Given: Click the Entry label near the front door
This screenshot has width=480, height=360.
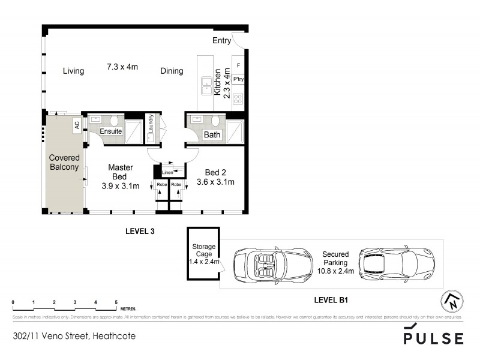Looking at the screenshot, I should [221, 41].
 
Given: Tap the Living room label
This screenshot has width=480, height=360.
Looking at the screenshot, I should [73, 71].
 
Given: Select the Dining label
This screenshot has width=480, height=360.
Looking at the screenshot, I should [172, 71].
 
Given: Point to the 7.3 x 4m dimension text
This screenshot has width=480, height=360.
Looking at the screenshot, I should [122, 66].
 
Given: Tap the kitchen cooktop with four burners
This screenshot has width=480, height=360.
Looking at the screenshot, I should [238, 98].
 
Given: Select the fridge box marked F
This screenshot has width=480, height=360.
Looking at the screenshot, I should [238, 65].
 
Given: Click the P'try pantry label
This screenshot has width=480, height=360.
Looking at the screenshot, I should [238, 79].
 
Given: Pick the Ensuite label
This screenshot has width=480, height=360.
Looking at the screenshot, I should [111, 131].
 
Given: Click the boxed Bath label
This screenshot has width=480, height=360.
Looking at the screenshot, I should [212, 135].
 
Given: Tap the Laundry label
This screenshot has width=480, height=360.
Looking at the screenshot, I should [151, 124].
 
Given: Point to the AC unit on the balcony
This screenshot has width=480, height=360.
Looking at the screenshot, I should [77, 126].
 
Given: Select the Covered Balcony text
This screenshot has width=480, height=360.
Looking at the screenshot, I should [64, 163].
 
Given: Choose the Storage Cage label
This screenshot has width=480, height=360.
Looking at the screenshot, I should [203, 251].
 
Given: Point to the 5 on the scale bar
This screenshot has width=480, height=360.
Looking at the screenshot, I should [116, 302].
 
